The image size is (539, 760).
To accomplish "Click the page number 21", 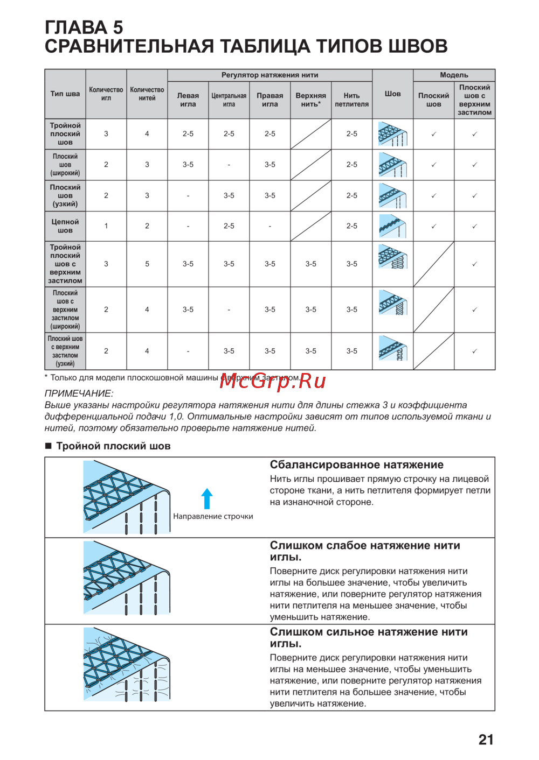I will pos(486,740).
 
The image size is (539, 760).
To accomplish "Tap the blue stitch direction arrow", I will pos(207,498).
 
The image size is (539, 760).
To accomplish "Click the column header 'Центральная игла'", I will pos(229,100).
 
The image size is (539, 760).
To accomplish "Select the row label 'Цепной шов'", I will pos(65,226).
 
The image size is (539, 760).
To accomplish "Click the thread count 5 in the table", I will pos(147,264).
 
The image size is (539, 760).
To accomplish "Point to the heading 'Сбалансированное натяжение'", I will pos(356,465).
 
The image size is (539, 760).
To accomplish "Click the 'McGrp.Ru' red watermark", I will pos(273,381).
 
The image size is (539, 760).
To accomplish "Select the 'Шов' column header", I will pos(393,94).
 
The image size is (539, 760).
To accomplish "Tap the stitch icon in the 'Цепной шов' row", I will pos(392,226).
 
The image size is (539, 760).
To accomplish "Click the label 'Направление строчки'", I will pos(213,516).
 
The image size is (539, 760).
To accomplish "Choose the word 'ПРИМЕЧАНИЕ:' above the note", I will pos(79,393).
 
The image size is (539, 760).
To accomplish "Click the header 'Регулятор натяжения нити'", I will pos(269,75).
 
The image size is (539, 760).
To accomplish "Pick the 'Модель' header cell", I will pos(454,75).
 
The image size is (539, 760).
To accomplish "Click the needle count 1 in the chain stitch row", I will pos(106,226).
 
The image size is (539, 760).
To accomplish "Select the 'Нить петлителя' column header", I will pos(351,100).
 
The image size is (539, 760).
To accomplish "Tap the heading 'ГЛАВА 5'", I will pos(84,27).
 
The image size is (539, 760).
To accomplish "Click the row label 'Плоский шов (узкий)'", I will pos(65,196).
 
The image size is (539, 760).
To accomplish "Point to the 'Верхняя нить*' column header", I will pos(310,100).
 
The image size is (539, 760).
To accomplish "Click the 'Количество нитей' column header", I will pos(147,94).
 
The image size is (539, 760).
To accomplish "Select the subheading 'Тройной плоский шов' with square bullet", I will pos(113,446).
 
